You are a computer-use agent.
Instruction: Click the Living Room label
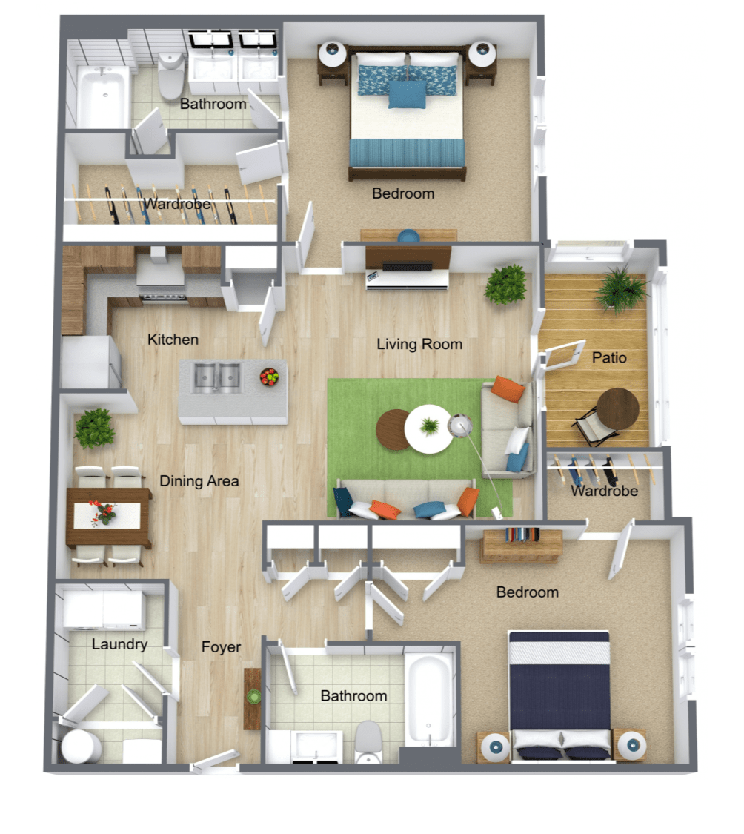pos(419,344)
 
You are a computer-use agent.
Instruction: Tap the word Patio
pos(609,357)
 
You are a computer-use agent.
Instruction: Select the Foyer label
pos(221,647)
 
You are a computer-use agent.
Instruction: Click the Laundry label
pos(119,644)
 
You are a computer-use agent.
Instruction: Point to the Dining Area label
pos(199,481)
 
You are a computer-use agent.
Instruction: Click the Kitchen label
pos(173,340)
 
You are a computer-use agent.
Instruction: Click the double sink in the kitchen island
pos(218,378)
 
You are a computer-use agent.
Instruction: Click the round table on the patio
pos(618,410)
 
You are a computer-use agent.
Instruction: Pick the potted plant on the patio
pos(621,289)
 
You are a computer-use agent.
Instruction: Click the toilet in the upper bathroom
pos(171,76)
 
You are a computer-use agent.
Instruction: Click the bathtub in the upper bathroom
pos(103,96)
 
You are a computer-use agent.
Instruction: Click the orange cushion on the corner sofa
pos(508,388)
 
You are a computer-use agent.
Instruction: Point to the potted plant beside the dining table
pos(94,429)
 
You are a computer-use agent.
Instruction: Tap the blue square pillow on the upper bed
pos(407,94)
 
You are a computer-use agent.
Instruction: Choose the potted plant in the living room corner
pos(506,283)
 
